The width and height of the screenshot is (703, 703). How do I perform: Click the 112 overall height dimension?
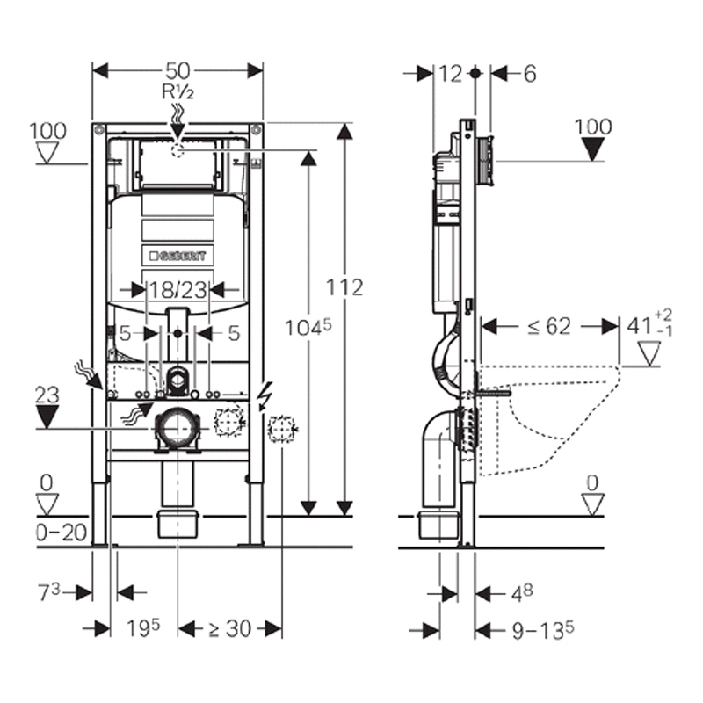click(345, 286)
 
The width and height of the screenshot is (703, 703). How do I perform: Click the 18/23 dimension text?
click(178, 289)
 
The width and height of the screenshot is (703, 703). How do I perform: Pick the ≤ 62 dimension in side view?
click(549, 326)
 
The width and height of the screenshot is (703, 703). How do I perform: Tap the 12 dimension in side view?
click(450, 74)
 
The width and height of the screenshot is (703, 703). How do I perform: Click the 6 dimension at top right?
click(529, 74)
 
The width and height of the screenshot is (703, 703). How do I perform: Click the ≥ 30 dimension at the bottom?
click(229, 628)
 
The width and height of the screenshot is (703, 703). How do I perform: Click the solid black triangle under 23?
click(48, 416)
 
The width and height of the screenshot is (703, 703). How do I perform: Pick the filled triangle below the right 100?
click(594, 149)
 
